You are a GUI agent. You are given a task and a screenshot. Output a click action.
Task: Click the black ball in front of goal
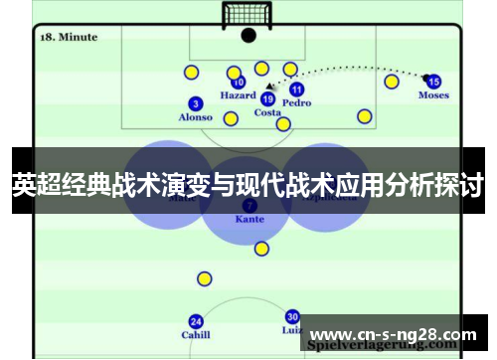tap(248, 35)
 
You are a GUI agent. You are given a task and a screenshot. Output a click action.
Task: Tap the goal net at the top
tap(248, 15)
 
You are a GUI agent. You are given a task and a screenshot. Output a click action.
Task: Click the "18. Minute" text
tap(68, 37)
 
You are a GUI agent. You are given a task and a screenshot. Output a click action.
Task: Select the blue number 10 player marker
tap(239, 83)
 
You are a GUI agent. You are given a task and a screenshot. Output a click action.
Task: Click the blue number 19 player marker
tap(267, 98)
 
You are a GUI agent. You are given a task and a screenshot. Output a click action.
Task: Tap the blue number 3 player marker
tap(195, 103)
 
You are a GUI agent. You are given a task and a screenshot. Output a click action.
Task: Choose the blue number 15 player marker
tap(433, 82)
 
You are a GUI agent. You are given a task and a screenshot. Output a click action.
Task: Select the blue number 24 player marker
tap(196, 321)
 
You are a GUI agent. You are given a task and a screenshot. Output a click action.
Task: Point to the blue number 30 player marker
tap(292, 316)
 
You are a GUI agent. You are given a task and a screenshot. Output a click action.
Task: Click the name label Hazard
tap(238, 96)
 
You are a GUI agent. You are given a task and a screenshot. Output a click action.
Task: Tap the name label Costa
tap(267, 112)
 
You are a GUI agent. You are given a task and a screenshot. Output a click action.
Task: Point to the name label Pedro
tap(296, 102)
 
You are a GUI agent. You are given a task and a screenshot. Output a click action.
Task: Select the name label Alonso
tap(195, 117)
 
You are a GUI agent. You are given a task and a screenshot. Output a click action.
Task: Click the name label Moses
tap(433, 95)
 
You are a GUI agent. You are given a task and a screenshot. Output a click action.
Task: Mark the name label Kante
tap(249, 218)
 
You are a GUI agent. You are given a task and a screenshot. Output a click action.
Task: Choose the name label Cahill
tap(196, 335)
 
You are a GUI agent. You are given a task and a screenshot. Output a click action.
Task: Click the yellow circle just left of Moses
tap(392, 82)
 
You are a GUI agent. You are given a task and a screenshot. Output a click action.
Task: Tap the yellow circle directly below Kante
tap(261, 249)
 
